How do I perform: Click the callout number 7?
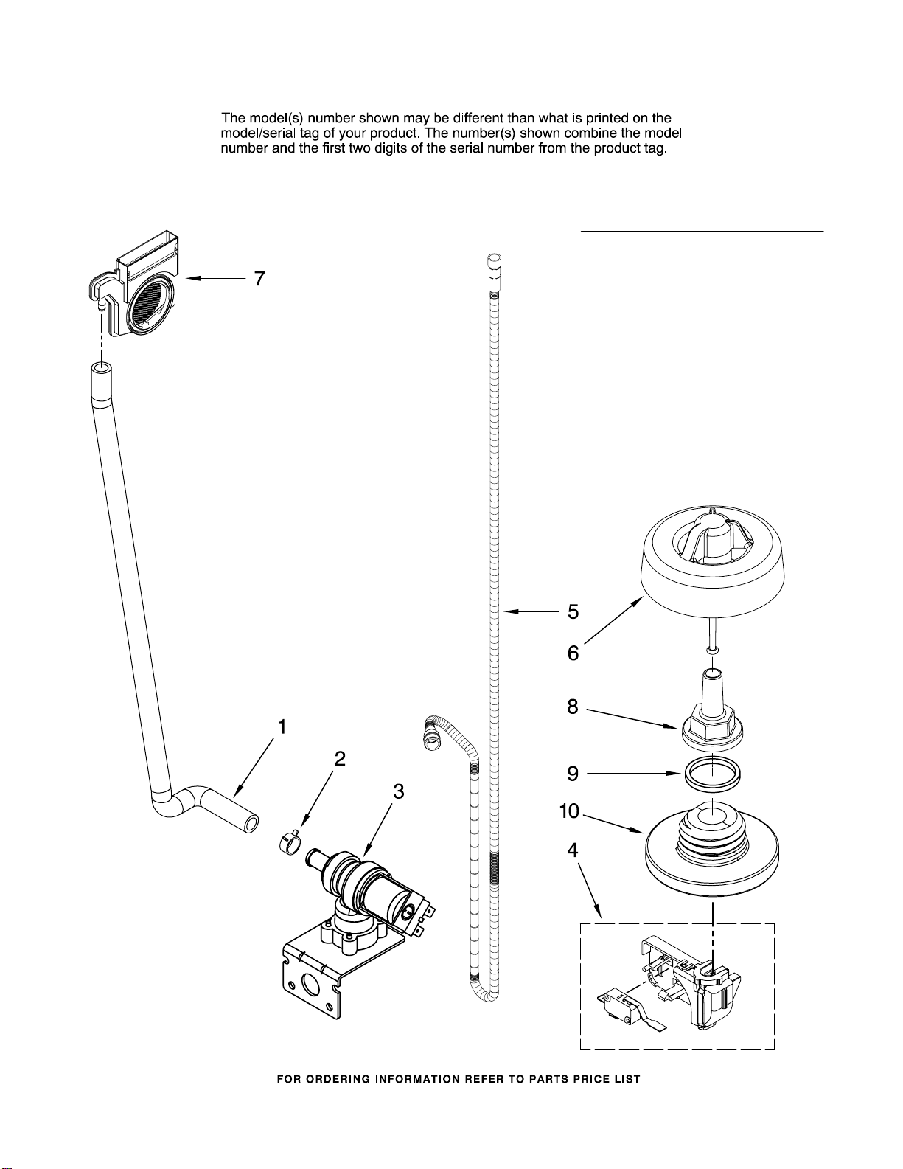point(259,279)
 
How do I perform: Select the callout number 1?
point(282,726)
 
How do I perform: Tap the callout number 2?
point(340,758)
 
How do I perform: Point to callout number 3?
point(398,791)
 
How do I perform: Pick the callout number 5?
point(573,611)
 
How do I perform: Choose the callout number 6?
point(573,653)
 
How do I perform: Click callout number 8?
point(573,707)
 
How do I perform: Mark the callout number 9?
point(573,774)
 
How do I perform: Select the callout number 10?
point(570,811)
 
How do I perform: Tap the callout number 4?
point(573,850)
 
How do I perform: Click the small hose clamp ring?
point(290,841)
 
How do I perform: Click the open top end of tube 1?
point(102,369)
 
